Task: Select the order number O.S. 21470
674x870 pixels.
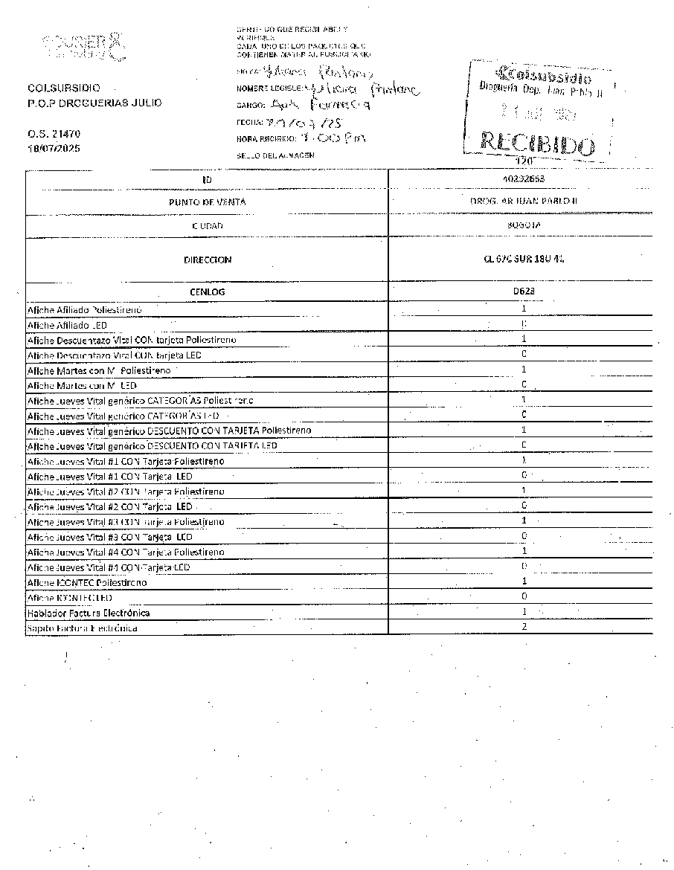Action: pos(54,134)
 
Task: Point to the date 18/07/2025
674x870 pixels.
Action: pos(54,149)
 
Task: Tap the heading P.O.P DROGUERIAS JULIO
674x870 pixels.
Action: pos(94,103)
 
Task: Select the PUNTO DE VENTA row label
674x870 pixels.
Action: pos(208,202)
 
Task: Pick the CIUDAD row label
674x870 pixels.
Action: pos(208,225)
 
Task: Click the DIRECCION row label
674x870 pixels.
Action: pos(208,260)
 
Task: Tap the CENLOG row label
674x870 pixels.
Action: pos(208,292)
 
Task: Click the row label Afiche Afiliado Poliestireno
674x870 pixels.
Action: pos(84,309)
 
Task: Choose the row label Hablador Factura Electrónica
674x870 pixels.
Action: pos(89,613)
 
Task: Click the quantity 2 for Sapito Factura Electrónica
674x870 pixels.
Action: pos(524,627)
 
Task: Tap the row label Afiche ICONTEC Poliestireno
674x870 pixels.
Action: pos(86,582)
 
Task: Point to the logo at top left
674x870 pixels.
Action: pos(83,48)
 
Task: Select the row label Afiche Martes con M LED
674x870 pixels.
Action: pos(78,384)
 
